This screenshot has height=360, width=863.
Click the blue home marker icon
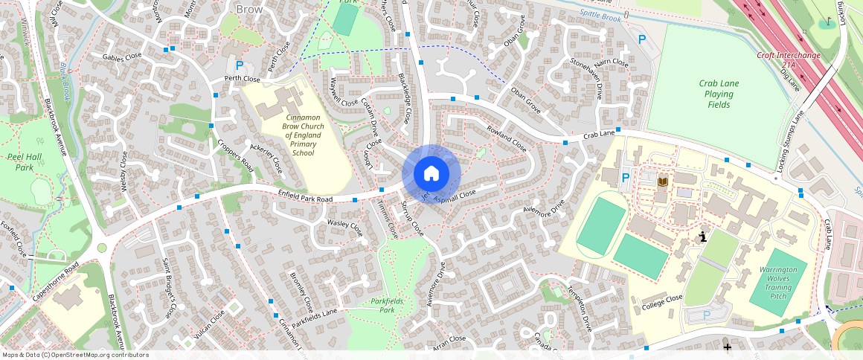pos(431,173)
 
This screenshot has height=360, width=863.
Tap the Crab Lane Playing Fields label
pos(719,94)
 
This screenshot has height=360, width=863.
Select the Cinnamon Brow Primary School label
pos(303,135)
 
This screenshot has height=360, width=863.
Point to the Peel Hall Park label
pos(28,162)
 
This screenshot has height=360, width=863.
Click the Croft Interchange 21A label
pos(788,60)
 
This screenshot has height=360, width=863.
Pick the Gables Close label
pos(122,56)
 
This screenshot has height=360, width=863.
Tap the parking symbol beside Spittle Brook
pos(641,39)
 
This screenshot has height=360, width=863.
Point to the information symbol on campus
pos(702,237)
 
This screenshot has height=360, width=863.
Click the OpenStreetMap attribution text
pos(75,355)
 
